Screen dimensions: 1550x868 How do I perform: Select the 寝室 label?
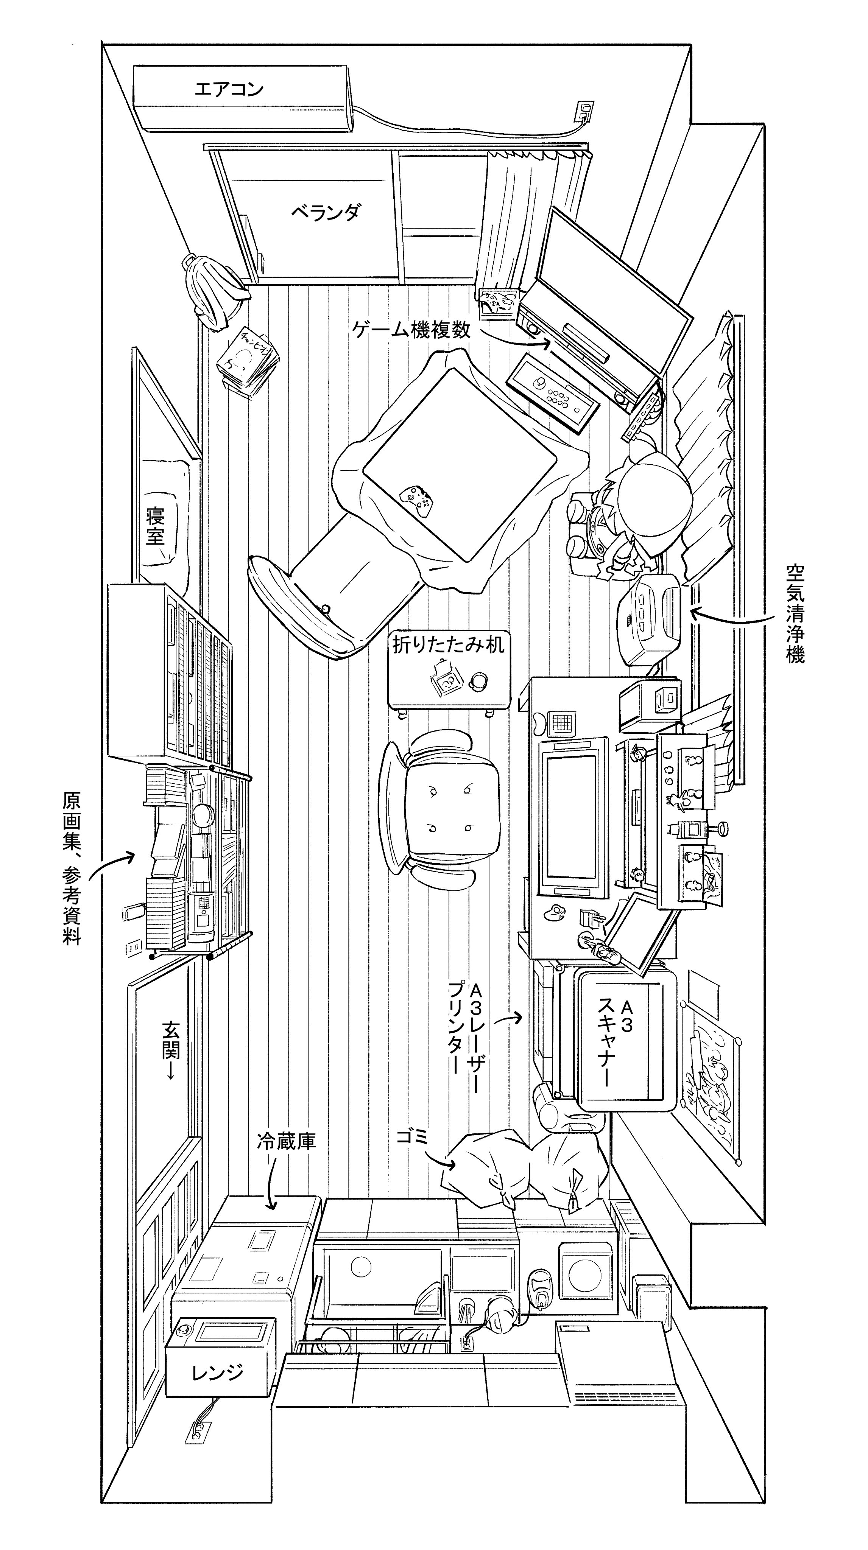pyautogui.click(x=155, y=525)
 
